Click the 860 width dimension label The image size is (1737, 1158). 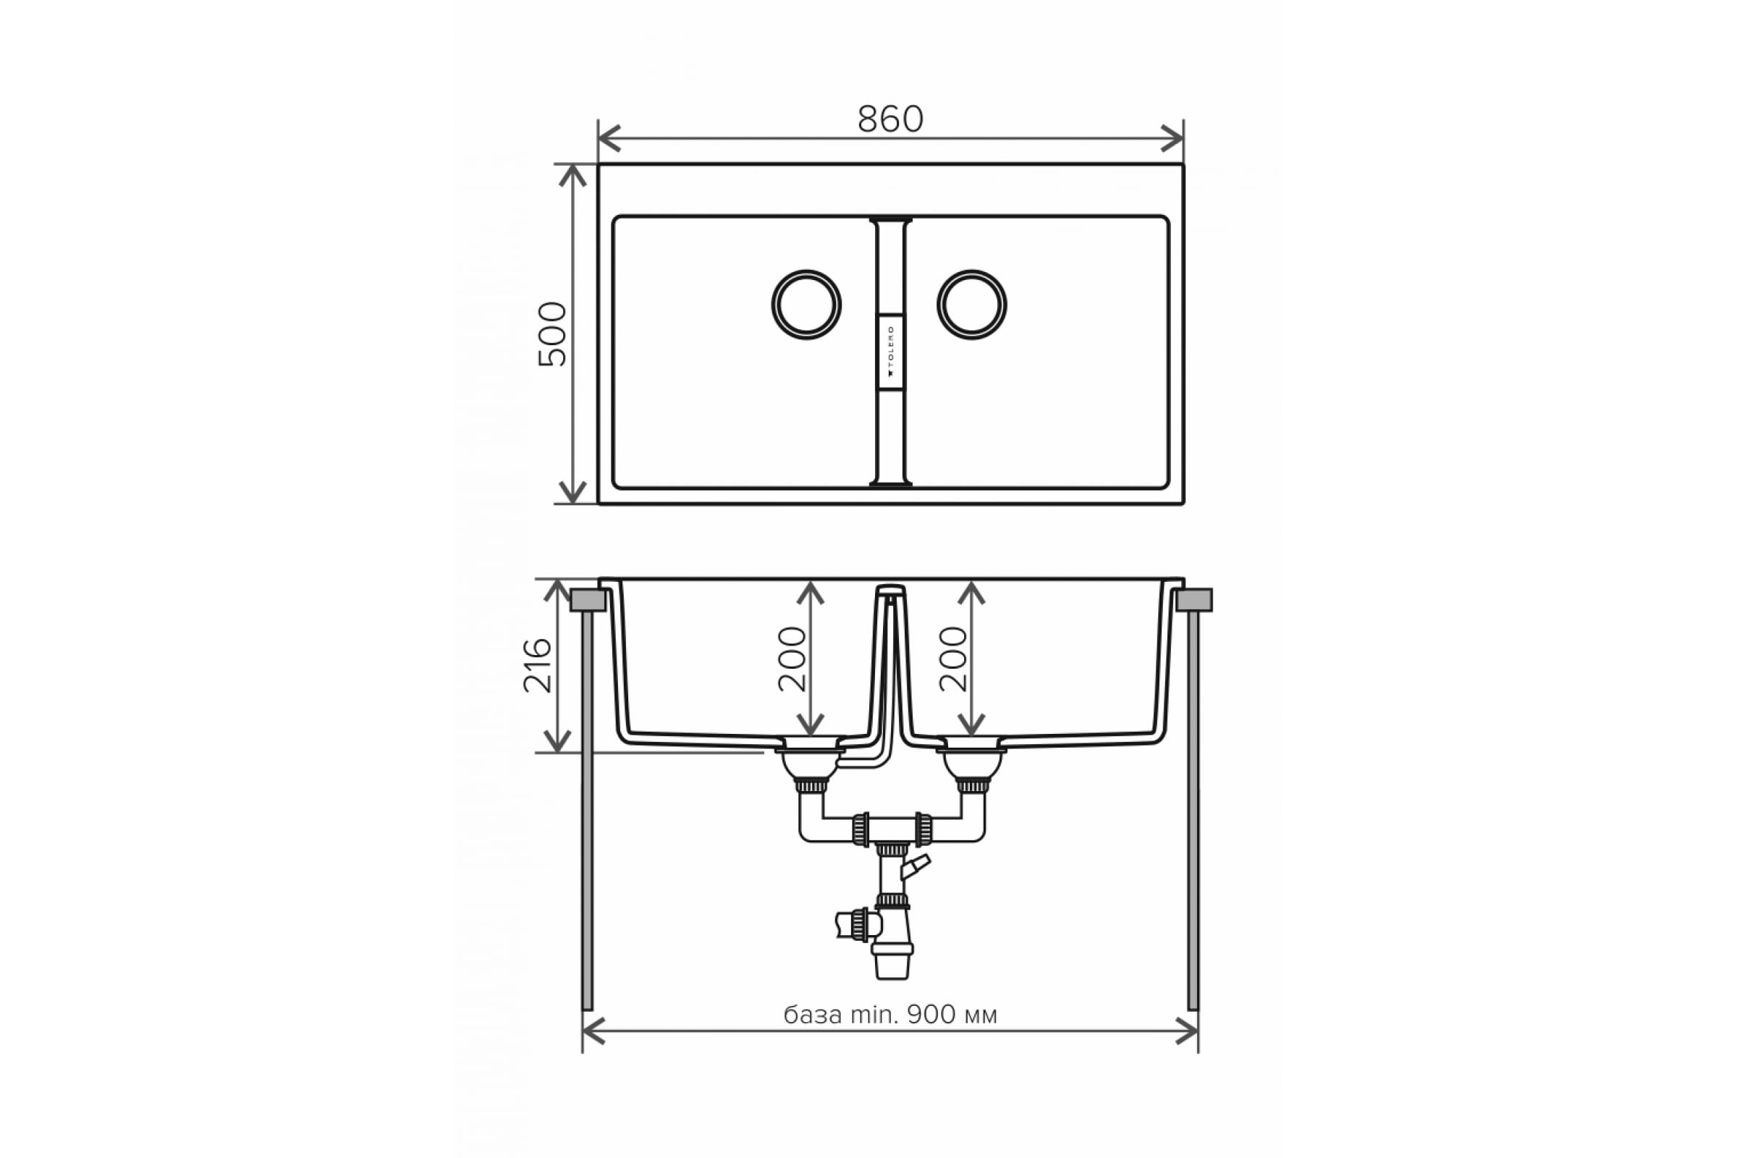[890, 119]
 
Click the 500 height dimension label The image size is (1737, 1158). [552, 334]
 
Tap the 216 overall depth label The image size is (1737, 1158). [538, 665]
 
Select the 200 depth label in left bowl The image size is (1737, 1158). [793, 659]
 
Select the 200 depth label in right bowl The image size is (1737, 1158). [953, 659]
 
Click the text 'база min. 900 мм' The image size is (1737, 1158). [890, 1015]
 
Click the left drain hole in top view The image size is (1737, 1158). [806, 305]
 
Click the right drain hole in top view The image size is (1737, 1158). [972, 305]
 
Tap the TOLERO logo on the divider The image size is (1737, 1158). [891, 352]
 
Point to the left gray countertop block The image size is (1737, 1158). [588, 601]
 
